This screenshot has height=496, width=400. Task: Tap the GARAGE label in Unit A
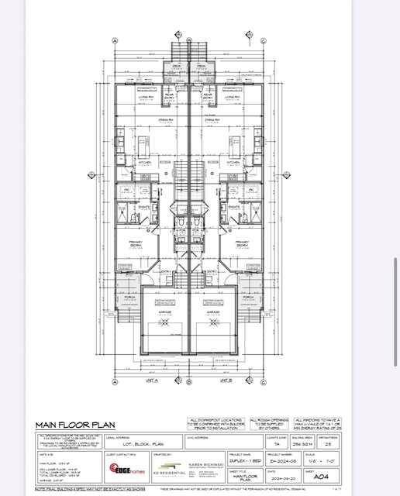click(x=164, y=313)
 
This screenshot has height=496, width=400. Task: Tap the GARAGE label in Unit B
click(x=214, y=313)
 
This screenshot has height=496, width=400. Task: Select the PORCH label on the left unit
click(x=129, y=297)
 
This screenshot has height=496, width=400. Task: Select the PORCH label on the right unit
click(x=248, y=297)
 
